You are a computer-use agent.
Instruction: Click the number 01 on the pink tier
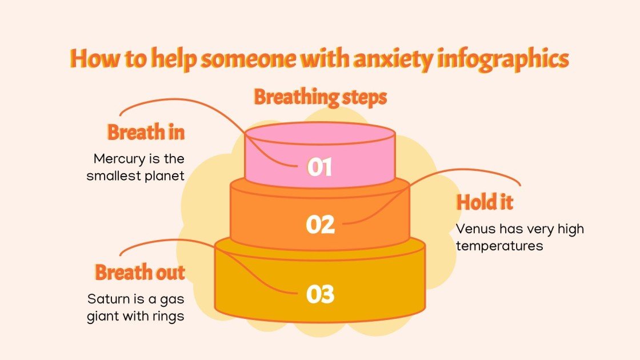319,167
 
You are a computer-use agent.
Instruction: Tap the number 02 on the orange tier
319,225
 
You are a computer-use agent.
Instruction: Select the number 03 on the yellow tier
319,294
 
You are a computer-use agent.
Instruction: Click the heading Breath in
146,133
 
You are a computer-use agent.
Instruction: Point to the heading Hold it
485,202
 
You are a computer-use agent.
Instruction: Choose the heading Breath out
140,273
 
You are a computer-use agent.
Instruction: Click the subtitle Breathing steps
320,97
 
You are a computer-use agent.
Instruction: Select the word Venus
471,229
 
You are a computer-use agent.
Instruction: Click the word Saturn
106,298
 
